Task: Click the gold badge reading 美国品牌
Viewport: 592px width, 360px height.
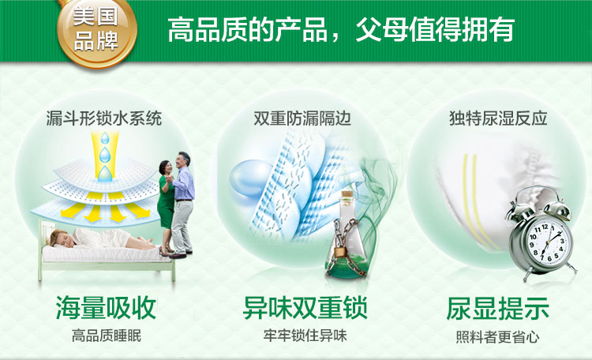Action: (97, 30)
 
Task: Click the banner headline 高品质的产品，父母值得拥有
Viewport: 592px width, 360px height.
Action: (340, 30)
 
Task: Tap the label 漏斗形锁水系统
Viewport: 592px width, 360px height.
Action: (104, 118)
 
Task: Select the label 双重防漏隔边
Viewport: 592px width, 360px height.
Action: (302, 118)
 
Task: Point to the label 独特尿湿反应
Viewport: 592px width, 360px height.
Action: (498, 118)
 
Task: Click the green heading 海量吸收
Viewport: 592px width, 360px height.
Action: (106, 308)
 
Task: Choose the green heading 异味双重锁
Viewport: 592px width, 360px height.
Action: (305, 308)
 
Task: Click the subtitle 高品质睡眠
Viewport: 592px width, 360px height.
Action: (107, 336)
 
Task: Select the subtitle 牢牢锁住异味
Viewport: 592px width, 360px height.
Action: (305, 336)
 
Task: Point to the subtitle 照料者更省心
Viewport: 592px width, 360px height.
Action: (497, 337)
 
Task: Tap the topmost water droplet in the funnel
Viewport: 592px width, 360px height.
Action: (105, 139)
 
